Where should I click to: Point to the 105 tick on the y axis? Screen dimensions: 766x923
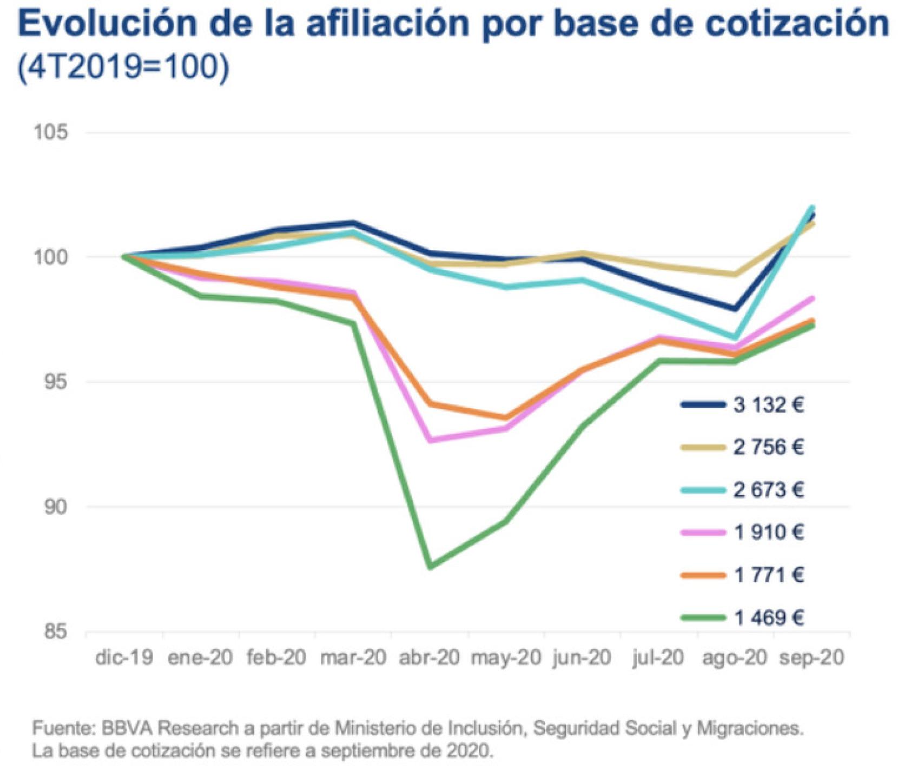click(x=51, y=132)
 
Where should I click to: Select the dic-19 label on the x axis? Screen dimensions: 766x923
click(x=124, y=658)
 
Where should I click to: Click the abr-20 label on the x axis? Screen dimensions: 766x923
click(x=429, y=658)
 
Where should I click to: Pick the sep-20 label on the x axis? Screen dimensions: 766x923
click(x=811, y=658)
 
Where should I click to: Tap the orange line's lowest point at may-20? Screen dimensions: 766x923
click(x=505, y=418)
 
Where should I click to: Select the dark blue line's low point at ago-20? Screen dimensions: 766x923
click(x=734, y=309)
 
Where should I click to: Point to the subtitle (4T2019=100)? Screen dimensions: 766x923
click(x=123, y=68)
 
